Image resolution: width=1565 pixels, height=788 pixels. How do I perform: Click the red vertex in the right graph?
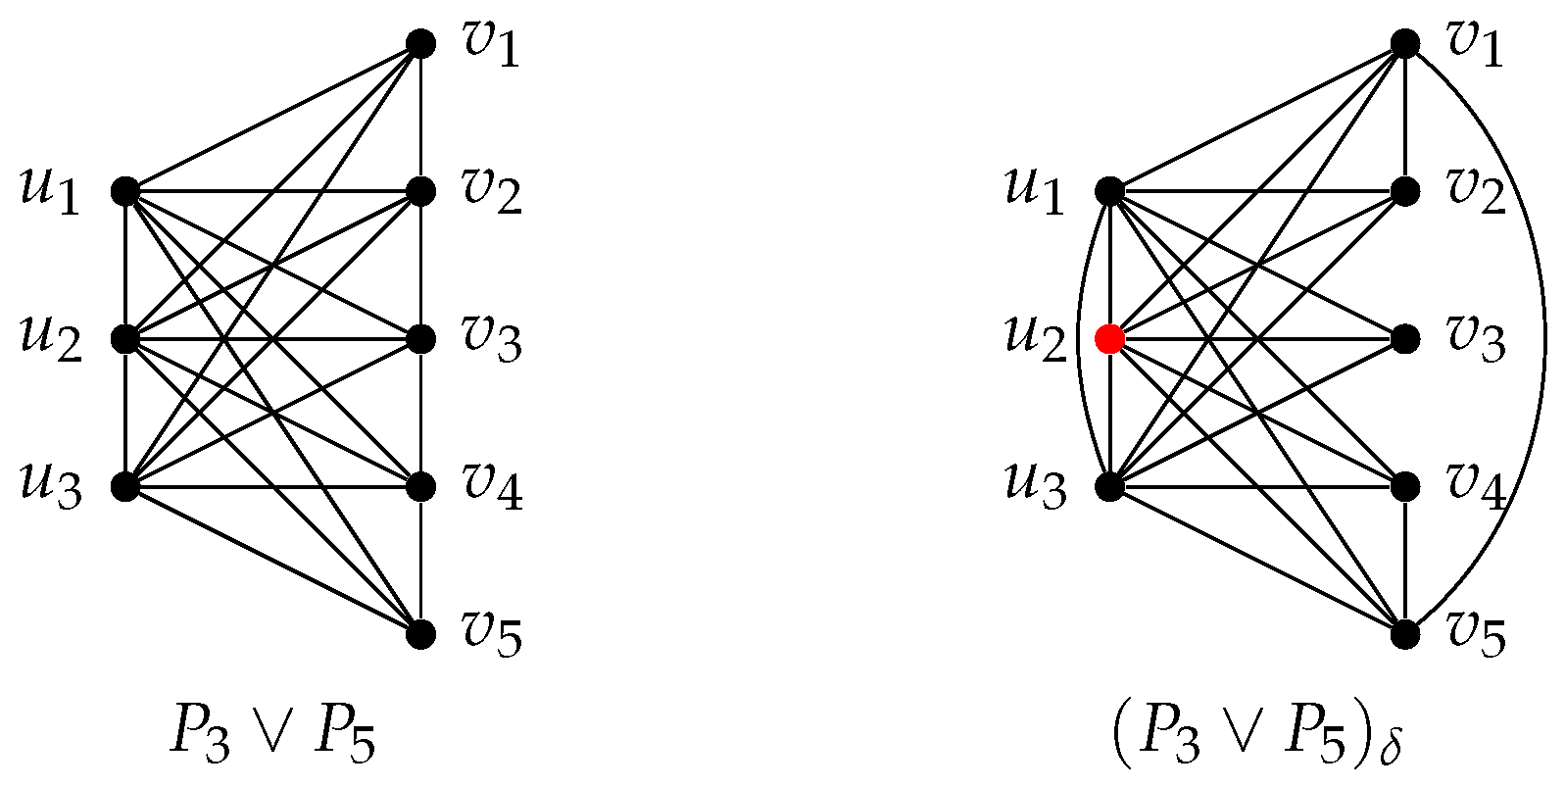pos(1109,339)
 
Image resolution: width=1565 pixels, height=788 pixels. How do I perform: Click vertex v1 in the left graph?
pos(420,43)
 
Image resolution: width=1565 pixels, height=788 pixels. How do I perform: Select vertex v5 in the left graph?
pos(420,634)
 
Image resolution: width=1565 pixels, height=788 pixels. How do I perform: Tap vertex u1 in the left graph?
pos(125,191)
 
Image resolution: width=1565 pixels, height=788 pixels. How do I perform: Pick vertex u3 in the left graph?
pos(125,486)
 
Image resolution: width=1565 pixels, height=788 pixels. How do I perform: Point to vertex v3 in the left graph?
pos(420,339)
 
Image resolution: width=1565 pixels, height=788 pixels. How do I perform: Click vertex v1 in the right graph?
pos(1405,43)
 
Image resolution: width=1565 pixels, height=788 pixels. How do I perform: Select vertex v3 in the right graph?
pos(1405,339)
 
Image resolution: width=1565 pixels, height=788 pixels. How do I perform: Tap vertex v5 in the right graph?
pos(1405,634)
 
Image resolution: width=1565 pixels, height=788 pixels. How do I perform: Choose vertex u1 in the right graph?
pos(1109,191)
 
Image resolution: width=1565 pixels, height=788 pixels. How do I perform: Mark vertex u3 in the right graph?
pos(1109,486)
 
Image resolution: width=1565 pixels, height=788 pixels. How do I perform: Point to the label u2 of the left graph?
pos(51,339)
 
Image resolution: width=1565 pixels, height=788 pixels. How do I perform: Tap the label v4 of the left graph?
pos(493,486)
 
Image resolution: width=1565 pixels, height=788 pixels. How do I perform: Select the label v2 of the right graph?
pos(1477,191)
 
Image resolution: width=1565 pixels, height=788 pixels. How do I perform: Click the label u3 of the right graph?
pos(1036,486)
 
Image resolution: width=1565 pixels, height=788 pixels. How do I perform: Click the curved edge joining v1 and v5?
pos(1544,339)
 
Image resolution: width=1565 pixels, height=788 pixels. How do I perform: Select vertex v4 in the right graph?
pos(1405,486)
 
